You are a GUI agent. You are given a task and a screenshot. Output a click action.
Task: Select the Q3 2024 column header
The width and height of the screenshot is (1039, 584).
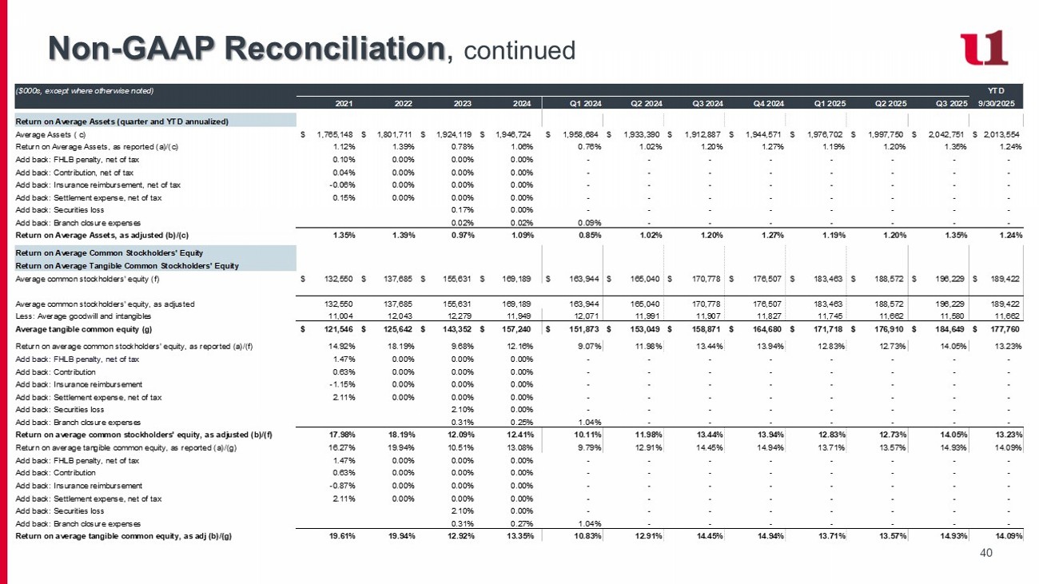point(709,102)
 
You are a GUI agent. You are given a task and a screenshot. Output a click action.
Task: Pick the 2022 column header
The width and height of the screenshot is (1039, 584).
point(404,102)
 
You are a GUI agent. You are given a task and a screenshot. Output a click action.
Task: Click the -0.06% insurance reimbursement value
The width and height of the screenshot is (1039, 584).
point(342,185)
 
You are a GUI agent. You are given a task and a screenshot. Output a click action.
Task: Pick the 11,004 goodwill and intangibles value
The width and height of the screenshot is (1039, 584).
point(340,317)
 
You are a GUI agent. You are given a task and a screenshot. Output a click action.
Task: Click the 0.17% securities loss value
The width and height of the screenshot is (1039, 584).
point(462,210)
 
